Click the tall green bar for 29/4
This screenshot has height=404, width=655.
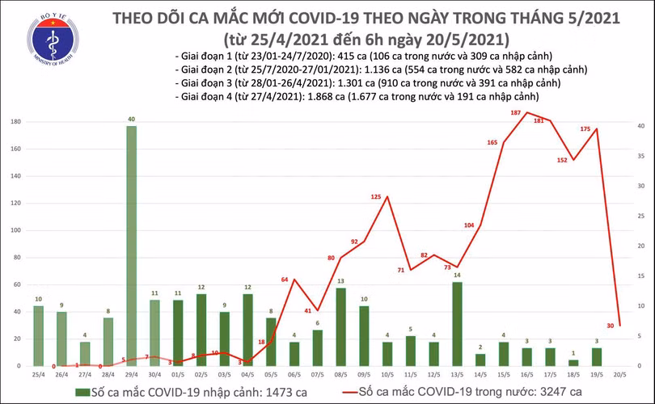(131, 246)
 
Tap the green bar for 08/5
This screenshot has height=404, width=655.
(340, 326)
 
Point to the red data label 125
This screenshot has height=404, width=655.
(376, 197)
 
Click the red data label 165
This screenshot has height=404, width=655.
(492, 143)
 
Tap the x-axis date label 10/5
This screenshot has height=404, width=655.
(387, 375)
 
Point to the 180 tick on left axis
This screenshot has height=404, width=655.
(15, 122)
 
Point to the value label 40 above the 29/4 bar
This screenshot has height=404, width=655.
(131, 120)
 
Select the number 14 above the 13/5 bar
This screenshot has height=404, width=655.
(457, 276)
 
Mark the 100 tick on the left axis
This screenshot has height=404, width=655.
(15, 231)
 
